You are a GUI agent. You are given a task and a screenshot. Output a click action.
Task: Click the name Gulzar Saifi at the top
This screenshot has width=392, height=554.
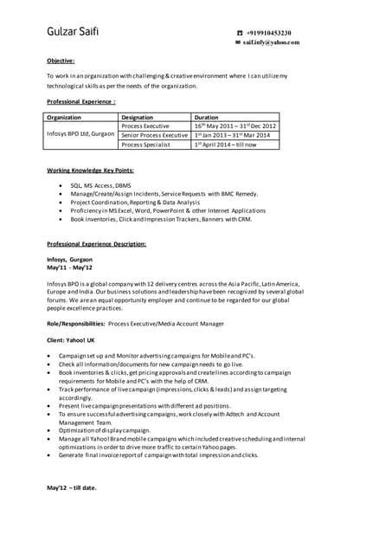[x=73, y=33]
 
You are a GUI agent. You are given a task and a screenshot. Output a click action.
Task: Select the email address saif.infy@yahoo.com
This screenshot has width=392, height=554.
[x=273, y=42]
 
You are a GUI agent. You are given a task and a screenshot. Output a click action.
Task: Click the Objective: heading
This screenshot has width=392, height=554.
[x=61, y=61]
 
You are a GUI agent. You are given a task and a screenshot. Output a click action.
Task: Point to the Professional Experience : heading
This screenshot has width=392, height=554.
[x=81, y=101]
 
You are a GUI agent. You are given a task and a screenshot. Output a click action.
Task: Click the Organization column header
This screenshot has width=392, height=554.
[x=64, y=117]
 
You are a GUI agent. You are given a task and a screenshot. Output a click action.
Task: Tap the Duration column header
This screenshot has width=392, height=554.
[x=207, y=117]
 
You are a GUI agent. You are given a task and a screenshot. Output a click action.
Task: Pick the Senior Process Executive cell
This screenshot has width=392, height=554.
[x=155, y=135]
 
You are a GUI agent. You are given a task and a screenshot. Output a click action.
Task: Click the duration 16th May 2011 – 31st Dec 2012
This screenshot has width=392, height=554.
[x=235, y=126]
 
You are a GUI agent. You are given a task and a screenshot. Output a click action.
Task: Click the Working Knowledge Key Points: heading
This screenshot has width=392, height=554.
[x=90, y=171]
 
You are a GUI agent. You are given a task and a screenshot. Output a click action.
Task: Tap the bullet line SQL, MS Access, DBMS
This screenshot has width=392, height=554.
[x=107, y=185]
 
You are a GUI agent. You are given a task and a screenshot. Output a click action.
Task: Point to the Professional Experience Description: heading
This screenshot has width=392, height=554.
[x=96, y=244]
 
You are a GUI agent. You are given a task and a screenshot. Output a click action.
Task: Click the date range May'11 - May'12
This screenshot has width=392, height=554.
[x=68, y=267]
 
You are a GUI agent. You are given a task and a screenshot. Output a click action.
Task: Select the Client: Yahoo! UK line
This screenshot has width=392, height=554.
[x=71, y=340]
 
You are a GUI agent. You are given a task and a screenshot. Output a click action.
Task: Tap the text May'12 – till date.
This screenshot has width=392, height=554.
[x=72, y=487]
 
